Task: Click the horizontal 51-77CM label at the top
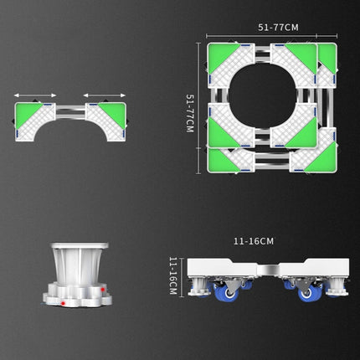pyautogui.click(x=278, y=27)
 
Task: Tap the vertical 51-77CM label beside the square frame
pyautogui.click(x=191, y=112)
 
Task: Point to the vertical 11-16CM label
pyautogui.click(x=173, y=276)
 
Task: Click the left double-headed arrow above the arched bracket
pyautogui.click(x=35, y=95)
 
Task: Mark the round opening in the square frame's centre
pyautogui.click(x=270, y=104)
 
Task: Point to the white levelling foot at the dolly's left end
pyautogui.click(x=202, y=290)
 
